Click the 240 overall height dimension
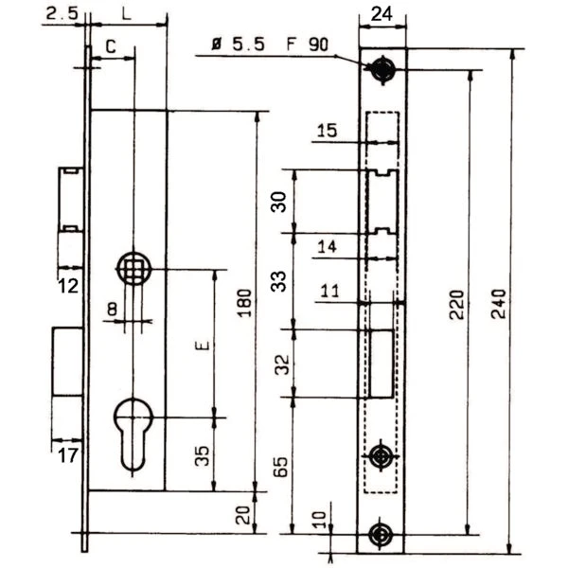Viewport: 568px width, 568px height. pyautogui.click(x=499, y=304)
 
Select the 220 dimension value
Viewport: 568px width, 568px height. pyautogui.click(x=457, y=305)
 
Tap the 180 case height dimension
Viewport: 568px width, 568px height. pyautogui.click(x=244, y=303)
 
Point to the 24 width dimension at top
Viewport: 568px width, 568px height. pyautogui.click(x=382, y=14)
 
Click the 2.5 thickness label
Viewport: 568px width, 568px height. pyautogui.click(x=62, y=14)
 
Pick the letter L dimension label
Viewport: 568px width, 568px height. pyautogui.click(x=126, y=14)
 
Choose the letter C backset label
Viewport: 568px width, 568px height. pyautogui.click(x=111, y=46)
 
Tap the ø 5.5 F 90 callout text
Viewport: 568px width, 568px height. pyautogui.click(x=270, y=44)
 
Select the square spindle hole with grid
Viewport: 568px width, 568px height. pyautogui.click(x=134, y=269)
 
